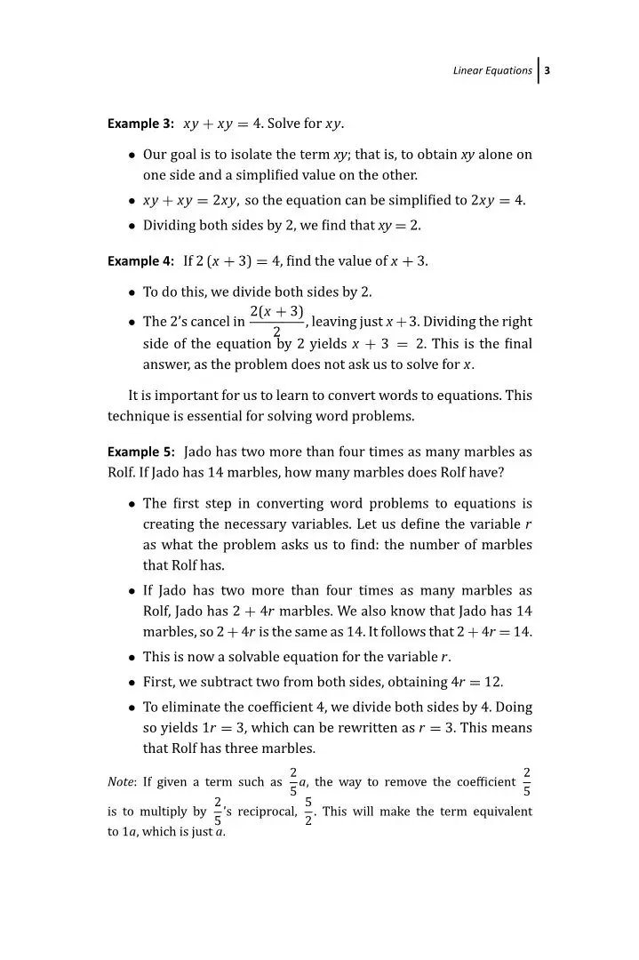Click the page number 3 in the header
point(548,71)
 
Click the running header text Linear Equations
point(492,71)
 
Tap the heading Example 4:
point(140,262)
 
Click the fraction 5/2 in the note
point(308,812)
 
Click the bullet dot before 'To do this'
point(131,291)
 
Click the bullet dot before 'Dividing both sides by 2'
point(131,226)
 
